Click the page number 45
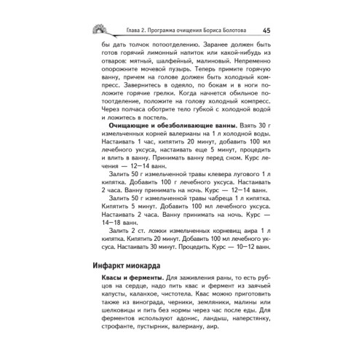click(266, 30)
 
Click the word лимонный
click(164, 63)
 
